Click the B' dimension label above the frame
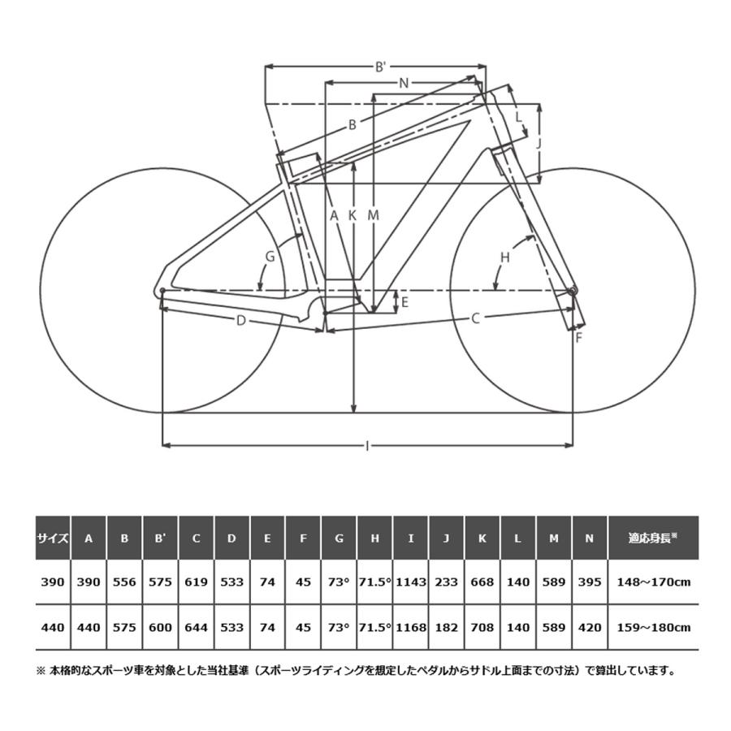coord(381,67)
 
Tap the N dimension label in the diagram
coord(404,84)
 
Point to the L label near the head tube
coord(518,116)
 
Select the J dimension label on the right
coord(539,144)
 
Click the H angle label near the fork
coord(505,257)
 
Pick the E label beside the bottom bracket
coord(404,302)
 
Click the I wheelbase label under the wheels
coord(367,446)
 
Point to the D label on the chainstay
coord(240,321)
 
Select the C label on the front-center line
coord(475,319)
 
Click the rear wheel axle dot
coord(162,291)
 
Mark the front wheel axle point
coord(573,291)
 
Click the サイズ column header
coord(53,539)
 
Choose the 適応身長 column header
coord(653,538)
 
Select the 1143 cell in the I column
coord(411,582)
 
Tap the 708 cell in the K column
coord(482,628)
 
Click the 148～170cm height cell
coord(654,582)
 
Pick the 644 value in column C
coord(196,628)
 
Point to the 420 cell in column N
coord(590,628)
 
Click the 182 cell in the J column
coord(446,628)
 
